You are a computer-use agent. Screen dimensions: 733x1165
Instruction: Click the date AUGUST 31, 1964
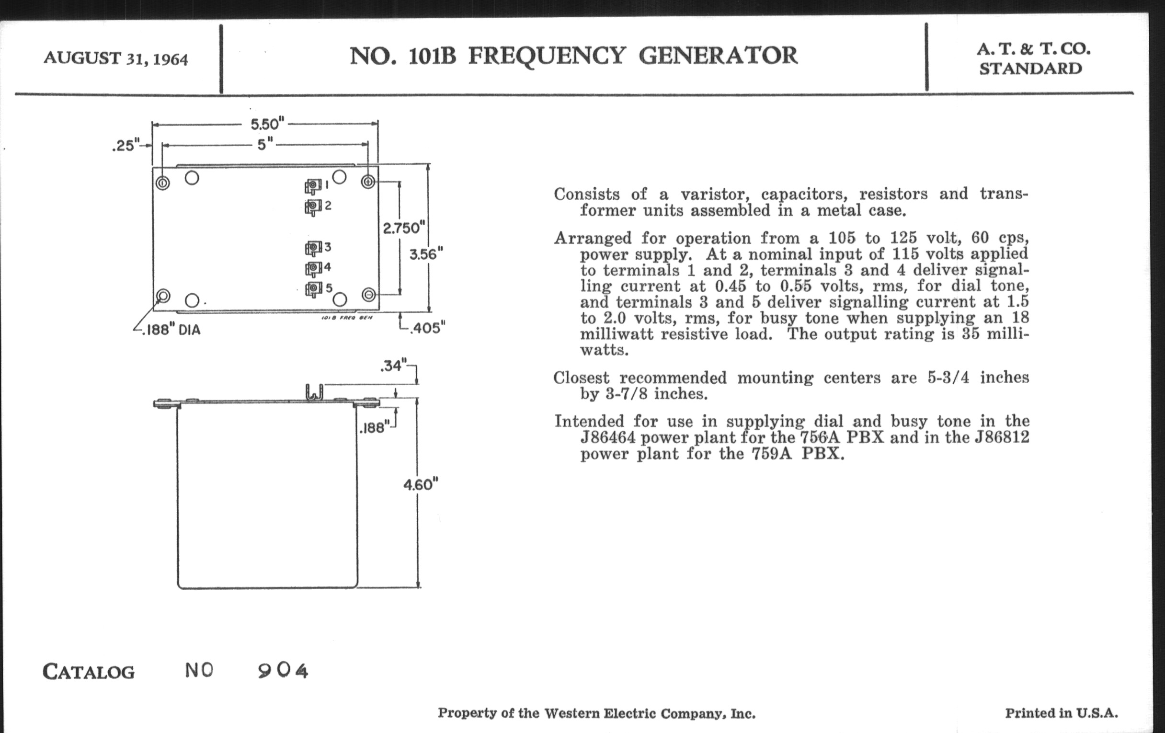pos(115,58)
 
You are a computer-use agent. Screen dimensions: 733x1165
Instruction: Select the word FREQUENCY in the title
pos(547,56)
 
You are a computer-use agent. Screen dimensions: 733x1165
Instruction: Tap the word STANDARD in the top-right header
pos(1030,69)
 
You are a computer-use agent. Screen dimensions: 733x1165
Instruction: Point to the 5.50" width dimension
pos(265,124)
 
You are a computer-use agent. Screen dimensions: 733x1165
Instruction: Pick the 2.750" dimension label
pos(404,228)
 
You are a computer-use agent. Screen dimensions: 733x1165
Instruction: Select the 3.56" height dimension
pos(426,254)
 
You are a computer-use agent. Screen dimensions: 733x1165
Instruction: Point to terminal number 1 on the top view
pos(314,185)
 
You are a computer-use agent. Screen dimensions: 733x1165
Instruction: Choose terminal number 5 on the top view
pos(315,289)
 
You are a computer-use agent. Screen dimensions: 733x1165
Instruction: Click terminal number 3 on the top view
pos(314,248)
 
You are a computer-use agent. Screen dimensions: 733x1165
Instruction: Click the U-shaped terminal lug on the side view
pos(314,392)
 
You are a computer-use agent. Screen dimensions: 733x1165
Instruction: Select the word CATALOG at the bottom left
pos(89,672)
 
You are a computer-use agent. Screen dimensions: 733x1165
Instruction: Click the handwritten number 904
pos(283,671)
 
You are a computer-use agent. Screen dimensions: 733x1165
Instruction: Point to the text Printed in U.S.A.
pos(1062,713)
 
